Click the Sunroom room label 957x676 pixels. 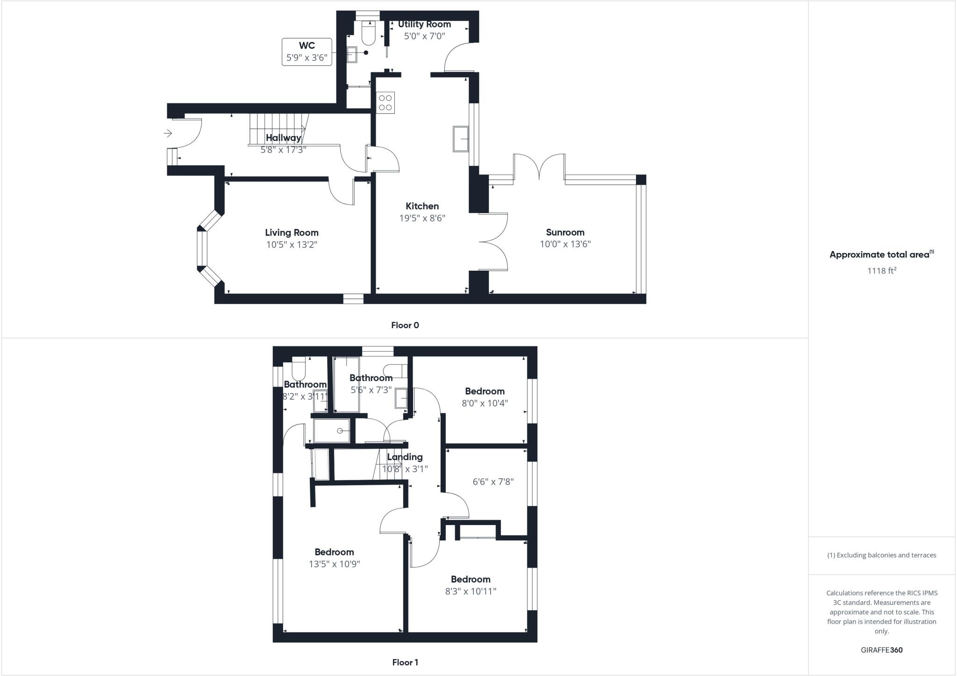[565, 232]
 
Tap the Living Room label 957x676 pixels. [292, 233]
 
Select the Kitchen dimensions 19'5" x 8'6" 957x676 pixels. [422, 218]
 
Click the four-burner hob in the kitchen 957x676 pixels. [386, 102]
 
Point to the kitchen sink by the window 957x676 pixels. [460, 138]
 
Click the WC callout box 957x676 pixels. [307, 51]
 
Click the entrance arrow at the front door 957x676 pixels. [168, 134]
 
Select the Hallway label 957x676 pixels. [283, 137]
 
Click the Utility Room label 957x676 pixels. [424, 24]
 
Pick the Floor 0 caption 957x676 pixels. [405, 325]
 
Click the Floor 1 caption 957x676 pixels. [405, 662]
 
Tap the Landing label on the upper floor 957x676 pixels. [405, 457]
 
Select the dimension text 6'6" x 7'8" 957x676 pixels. [493, 482]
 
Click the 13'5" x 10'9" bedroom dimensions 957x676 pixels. [334, 564]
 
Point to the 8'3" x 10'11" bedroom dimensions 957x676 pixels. [471, 591]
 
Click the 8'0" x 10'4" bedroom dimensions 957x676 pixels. [485, 403]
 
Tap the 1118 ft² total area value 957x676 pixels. [882, 271]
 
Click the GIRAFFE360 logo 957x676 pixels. [881, 650]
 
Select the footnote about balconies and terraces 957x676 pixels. [882, 555]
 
